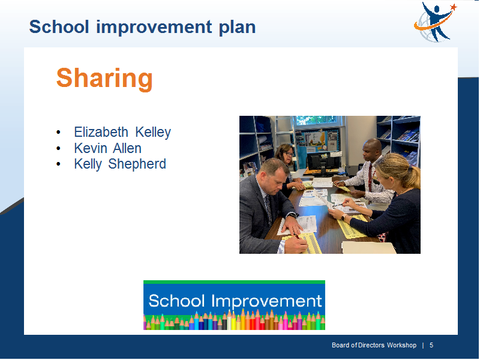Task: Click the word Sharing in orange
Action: [104, 79]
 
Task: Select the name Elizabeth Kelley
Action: [122, 132]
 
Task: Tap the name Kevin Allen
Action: [108, 148]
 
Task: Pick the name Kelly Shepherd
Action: [120, 164]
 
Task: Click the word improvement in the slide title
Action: [154, 27]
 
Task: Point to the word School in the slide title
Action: [59, 27]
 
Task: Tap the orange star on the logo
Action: [454, 7]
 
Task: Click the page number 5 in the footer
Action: [431, 346]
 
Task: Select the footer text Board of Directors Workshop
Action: [374, 346]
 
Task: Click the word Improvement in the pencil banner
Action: [266, 302]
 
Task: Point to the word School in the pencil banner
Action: [176, 301]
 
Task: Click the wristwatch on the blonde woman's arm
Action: [344, 217]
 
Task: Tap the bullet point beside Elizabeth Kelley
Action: [58, 133]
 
